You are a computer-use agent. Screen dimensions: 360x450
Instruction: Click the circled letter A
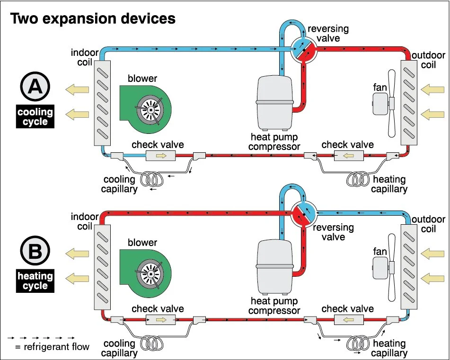click(x=35, y=88)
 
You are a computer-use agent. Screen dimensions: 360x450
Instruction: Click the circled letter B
click(x=35, y=252)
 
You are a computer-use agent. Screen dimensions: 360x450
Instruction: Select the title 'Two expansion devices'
click(x=93, y=19)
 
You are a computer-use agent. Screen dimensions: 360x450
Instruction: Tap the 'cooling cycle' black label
click(x=35, y=117)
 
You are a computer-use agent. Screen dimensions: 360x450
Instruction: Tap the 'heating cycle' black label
click(x=35, y=281)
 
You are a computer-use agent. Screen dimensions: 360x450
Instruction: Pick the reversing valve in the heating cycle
click(x=303, y=213)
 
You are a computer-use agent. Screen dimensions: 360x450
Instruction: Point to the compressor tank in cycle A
click(x=275, y=102)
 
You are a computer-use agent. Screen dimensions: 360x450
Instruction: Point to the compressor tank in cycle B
click(x=275, y=268)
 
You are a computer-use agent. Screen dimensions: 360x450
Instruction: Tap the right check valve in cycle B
click(x=349, y=319)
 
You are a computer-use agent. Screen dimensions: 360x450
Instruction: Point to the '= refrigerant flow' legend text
click(x=52, y=347)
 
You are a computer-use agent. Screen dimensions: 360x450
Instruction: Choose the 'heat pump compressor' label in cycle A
click(x=274, y=141)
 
